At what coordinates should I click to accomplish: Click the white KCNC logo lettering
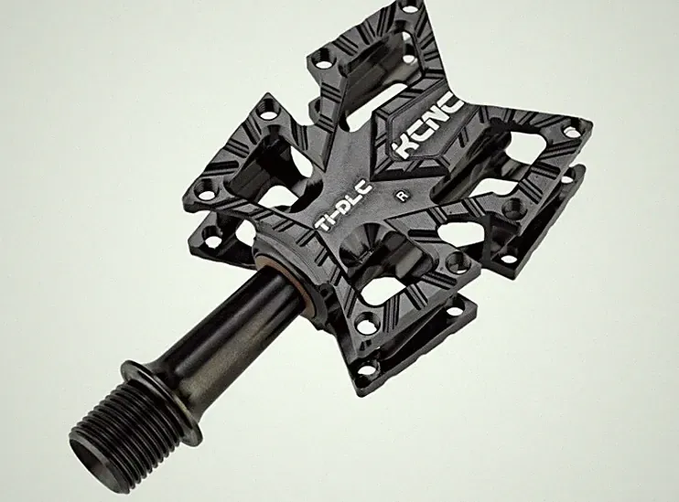pyautogui.click(x=429, y=128)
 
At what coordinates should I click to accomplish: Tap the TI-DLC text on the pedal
pyautogui.click(x=343, y=206)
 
